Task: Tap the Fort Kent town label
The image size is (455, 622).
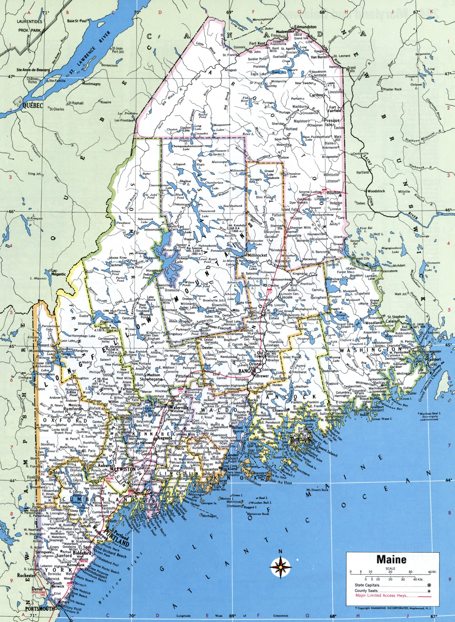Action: [257, 44]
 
